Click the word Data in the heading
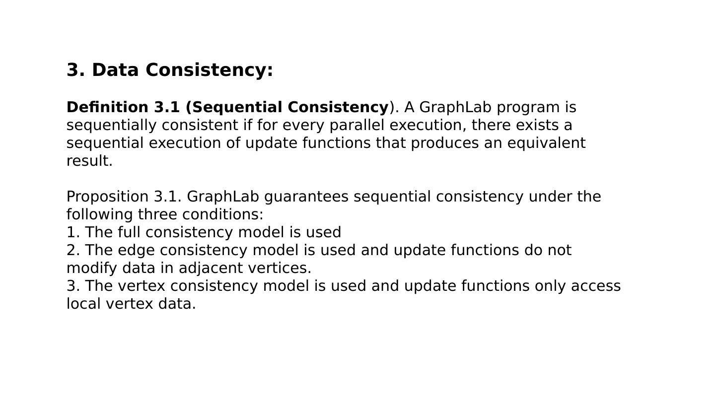(115, 70)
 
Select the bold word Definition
(107, 107)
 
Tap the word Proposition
(107, 197)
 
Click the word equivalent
(546, 143)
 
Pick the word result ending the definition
(89, 161)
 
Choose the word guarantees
(306, 197)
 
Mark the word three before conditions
(157, 214)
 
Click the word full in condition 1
(129, 232)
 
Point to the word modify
(91, 268)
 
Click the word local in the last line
(83, 304)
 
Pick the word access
(596, 286)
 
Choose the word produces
(445, 143)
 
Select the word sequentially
(111, 125)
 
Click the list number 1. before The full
(73, 233)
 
